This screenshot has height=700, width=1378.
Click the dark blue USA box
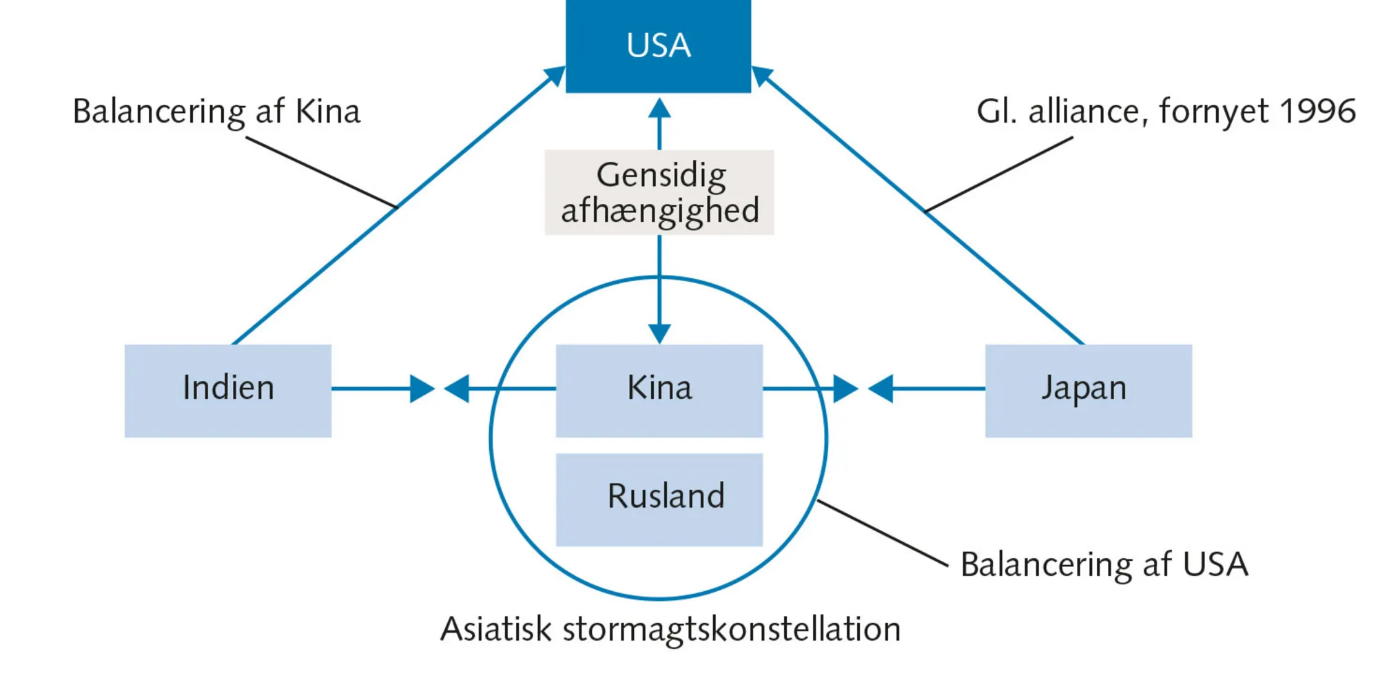pyautogui.click(x=658, y=45)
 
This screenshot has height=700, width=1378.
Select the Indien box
pyautogui.click(x=227, y=390)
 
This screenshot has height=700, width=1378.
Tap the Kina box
pyautogui.click(x=659, y=390)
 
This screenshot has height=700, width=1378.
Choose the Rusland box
pyautogui.click(x=659, y=499)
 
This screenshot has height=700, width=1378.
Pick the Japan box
pyautogui.click(x=1088, y=390)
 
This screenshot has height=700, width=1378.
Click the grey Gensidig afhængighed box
pyautogui.click(x=659, y=192)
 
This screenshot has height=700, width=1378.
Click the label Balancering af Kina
pyautogui.click(x=216, y=112)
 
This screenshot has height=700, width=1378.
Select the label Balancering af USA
pyautogui.click(x=1104, y=565)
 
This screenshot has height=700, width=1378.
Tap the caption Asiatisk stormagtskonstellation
pyautogui.click(x=670, y=629)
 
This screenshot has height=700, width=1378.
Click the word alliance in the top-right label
pyautogui.click(x=1083, y=111)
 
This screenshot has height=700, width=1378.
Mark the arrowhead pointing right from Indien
pyautogui.click(x=422, y=389)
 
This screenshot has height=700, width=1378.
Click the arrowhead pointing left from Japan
pyautogui.click(x=881, y=389)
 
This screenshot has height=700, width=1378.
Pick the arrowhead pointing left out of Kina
pyautogui.click(x=457, y=389)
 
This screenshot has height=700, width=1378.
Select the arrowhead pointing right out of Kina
pyautogui.click(x=845, y=389)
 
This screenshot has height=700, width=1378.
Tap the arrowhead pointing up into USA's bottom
pyautogui.click(x=659, y=108)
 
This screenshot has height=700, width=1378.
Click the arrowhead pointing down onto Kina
pyautogui.click(x=659, y=333)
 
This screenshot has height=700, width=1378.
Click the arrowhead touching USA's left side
pyautogui.click(x=555, y=75)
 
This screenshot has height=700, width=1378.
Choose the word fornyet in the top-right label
pyautogui.click(x=1213, y=111)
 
